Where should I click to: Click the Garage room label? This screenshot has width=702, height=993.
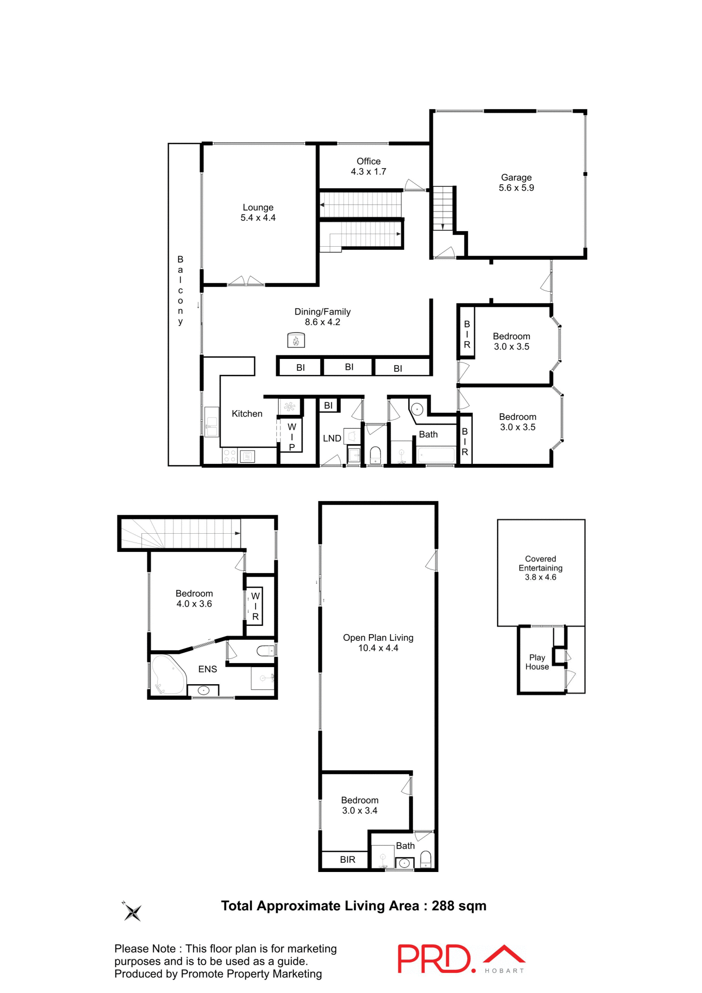click(x=516, y=177)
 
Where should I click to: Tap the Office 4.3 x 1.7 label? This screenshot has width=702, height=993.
click(x=368, y=167)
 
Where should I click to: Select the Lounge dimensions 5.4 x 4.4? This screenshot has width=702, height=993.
click(x=258, y=218)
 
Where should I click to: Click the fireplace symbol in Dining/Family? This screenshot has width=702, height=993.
click(x=296, y=340)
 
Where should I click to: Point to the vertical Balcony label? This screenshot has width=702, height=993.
click(x=180, y=290)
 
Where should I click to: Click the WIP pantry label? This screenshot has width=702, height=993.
click(x=292, y=437)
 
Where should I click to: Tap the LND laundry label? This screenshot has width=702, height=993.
click(x=332, y=439)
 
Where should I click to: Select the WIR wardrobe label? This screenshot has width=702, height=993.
click(x=255, y=607)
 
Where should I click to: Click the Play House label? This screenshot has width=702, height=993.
click(x=537, y=662)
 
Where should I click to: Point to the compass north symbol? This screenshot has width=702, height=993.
click(x=132, y=912)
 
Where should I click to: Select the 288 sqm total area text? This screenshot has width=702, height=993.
click(x=459, y=906)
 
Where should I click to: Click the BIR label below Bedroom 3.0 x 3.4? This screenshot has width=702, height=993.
click(x=347, y=860)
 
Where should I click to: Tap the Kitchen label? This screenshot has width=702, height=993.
click(x=247, y=414)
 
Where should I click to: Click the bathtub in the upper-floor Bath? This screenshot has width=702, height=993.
click(x=436, y=456)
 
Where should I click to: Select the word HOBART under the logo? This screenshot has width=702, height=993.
click(x=504, y=971)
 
